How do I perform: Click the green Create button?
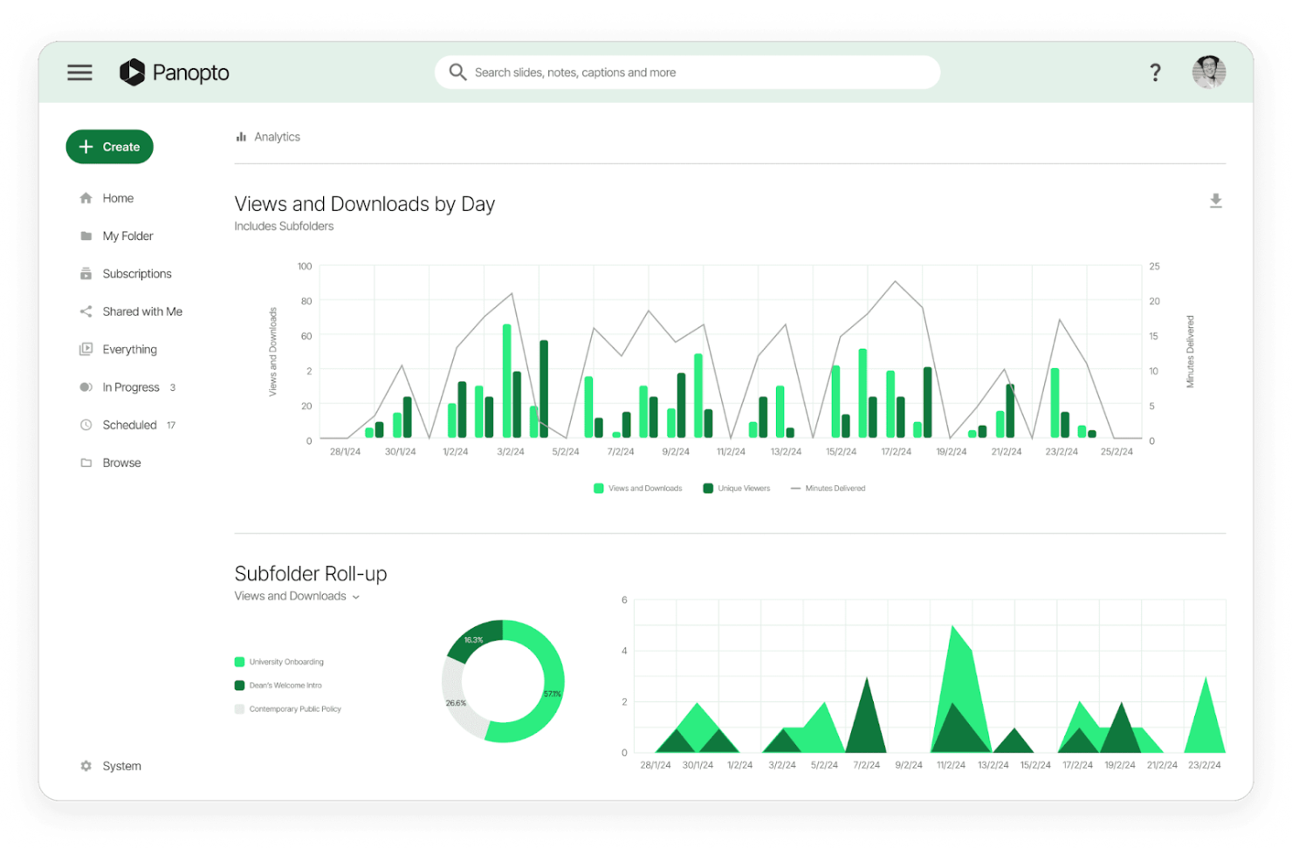click(110, 147)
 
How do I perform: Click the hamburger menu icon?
click(79, 72)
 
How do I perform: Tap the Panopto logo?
click(175, 72)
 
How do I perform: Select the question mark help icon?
click(1155, 72)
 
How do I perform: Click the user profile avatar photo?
click(1209, 72)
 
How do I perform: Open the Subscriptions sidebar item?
click(136, 274)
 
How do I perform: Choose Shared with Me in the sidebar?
click(141, 311)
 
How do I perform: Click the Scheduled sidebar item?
click(129, 425)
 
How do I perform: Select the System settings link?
click(121, 766)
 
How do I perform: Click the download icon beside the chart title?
click(1215, 202)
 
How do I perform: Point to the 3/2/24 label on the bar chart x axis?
click(511, 452)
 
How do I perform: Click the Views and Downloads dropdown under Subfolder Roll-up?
click(297, 597)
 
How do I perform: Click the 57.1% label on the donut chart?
click(553, 694)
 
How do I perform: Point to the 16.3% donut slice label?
click(473, 640)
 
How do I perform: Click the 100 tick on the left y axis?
click(305, 266)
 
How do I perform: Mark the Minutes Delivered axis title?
click(1190, 352)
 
